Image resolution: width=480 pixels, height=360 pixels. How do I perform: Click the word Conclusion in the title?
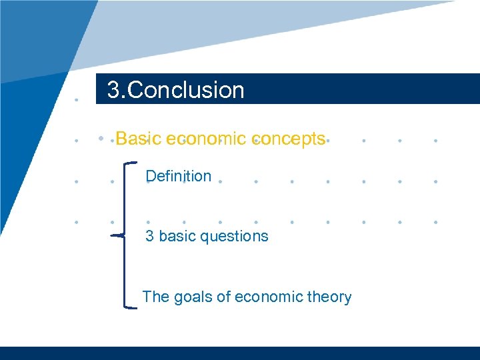coord(186,90)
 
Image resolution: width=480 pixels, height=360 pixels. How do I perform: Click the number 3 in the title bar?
coord(113,90)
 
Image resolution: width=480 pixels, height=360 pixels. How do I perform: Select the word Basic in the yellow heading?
coord(139,139)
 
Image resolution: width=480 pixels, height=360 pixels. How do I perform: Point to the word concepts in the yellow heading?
coord(289,139)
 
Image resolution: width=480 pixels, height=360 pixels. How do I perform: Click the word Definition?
coord(178,176)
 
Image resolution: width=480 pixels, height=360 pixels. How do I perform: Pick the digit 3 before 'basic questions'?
coord(150,236)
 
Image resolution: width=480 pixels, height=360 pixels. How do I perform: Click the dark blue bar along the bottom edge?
coord(240,353)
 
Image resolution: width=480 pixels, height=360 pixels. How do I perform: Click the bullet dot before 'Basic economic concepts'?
coord(100,139)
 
